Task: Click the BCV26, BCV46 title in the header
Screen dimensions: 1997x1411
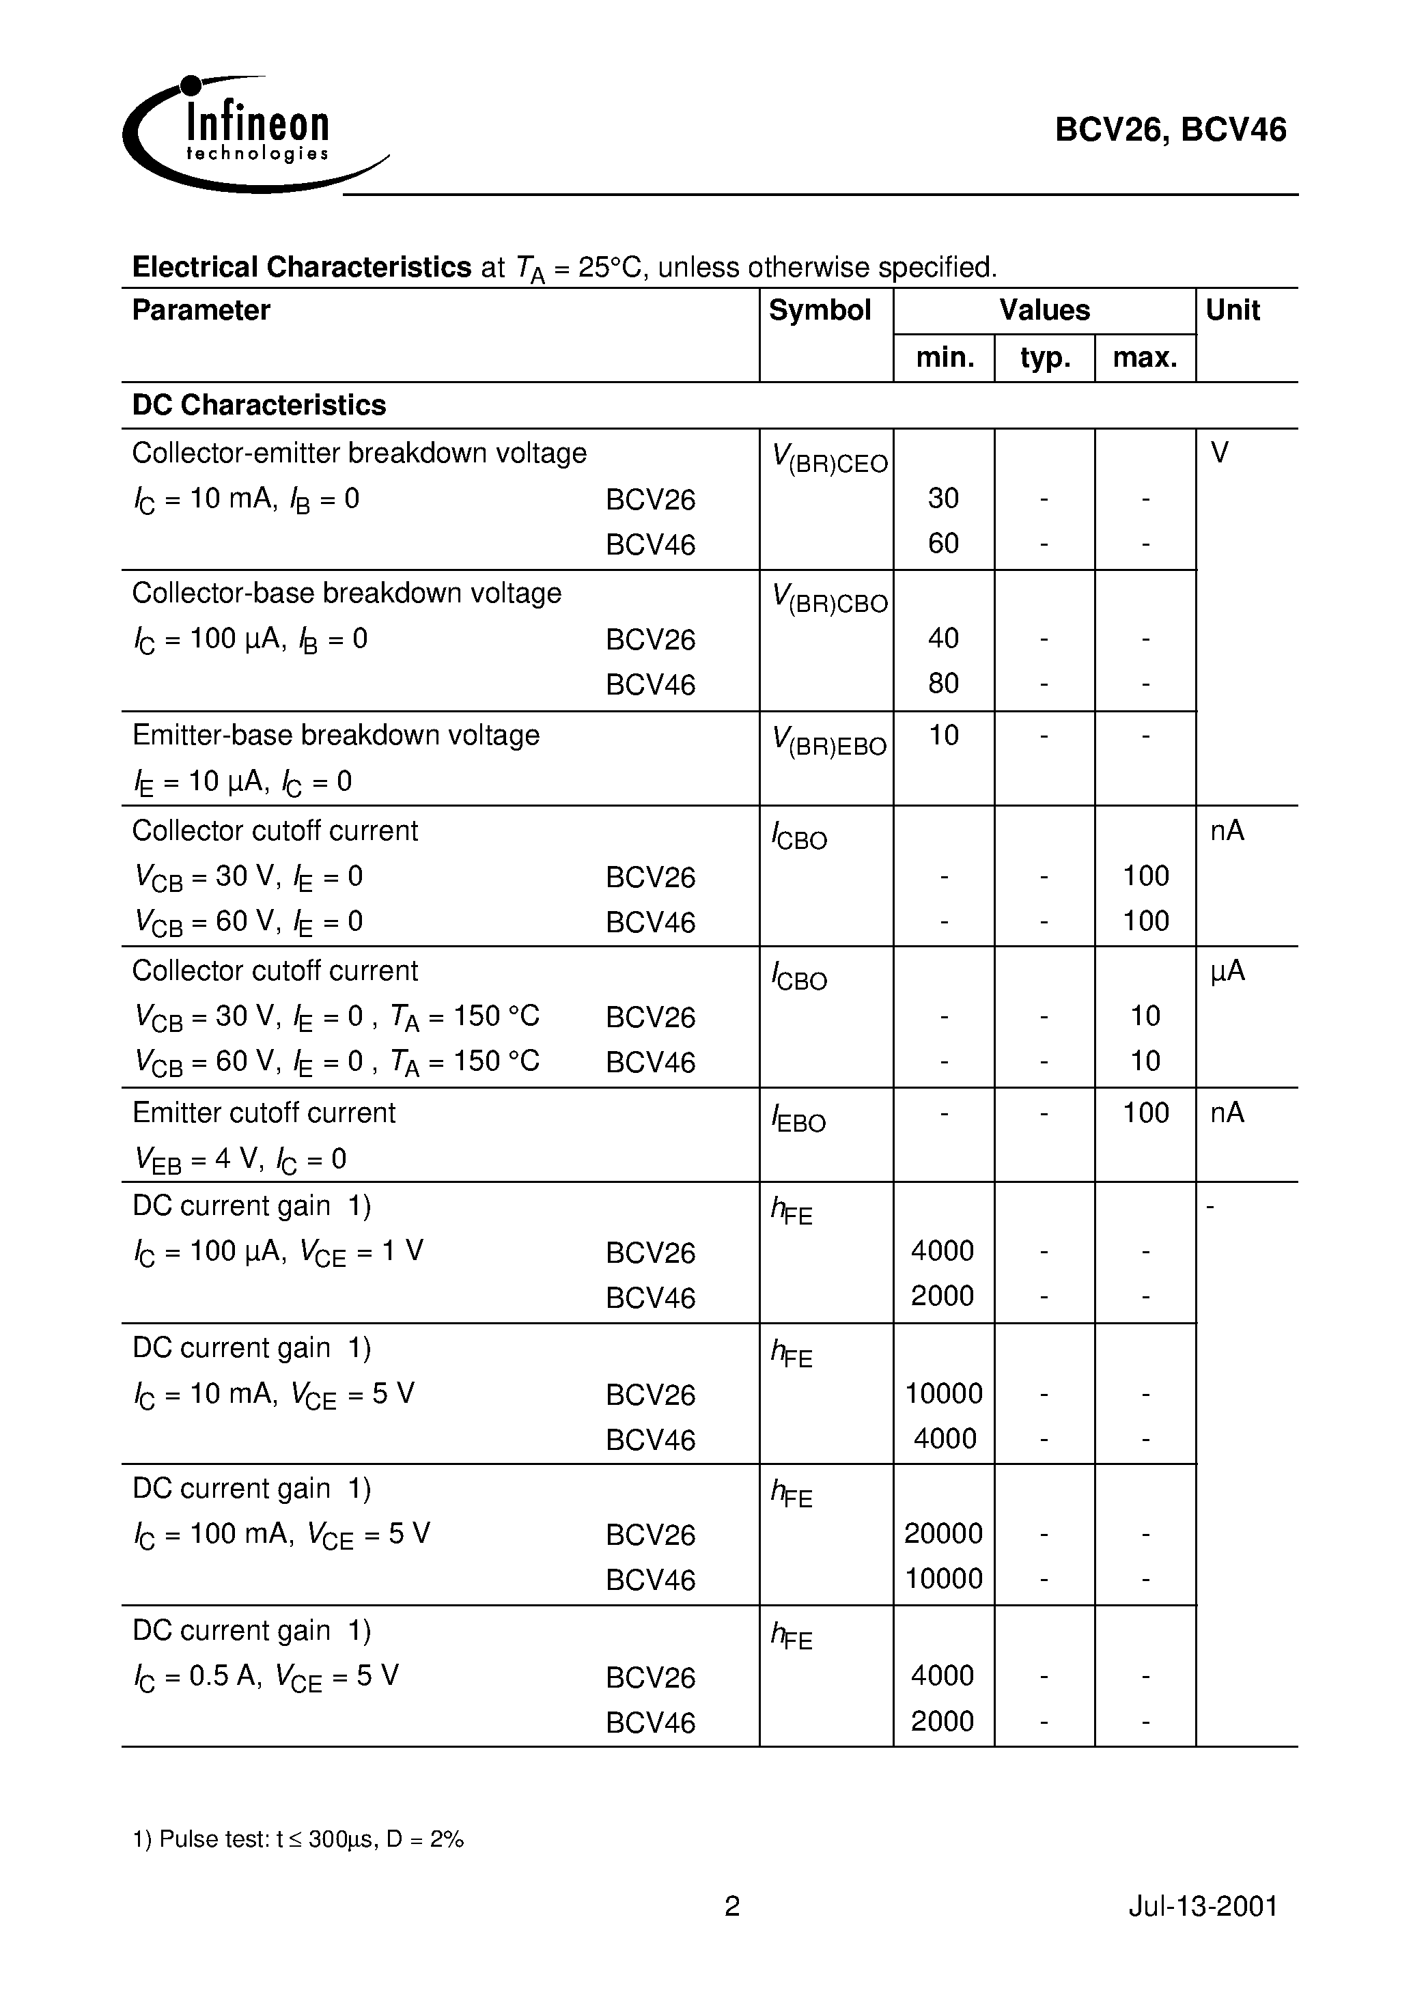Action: pyautogui.click(x=1170, y=130)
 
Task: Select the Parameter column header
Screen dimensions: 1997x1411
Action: pyautogui.click(x=201, y=311)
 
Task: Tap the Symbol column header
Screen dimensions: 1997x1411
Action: pyautogui.click(x=820, y=311)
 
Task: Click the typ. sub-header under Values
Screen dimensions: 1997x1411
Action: pyautogui.click(x=1044, y=357)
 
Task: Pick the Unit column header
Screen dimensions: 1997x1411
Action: pyautogui.click(x=1233, y=311)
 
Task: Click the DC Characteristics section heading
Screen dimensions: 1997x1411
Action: pyautogui.click(x=260, y=405)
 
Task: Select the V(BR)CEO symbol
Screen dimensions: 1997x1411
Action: pyautogui.click(x=830, y=459)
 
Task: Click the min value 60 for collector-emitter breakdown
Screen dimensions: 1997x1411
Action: pyautogui.click(x=943, y=544)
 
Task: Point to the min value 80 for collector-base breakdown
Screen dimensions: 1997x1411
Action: pyautogui.click(x=943, y=684)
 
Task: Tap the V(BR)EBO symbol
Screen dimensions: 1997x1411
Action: pyautogui.click(x=830, y=741)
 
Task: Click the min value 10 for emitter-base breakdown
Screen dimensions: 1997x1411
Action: pyautogui.click(x=943, y=736)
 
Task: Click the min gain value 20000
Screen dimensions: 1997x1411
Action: pyautogui.click(x=943, y=1533)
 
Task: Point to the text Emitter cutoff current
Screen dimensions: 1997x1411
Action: pyautogui.click(x=264, y=1113)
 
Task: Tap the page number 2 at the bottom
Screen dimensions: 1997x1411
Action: pyautogui.click(x=732, y=1907)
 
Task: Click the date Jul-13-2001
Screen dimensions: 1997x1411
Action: pyautogui.click(x=1203, y=1907)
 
